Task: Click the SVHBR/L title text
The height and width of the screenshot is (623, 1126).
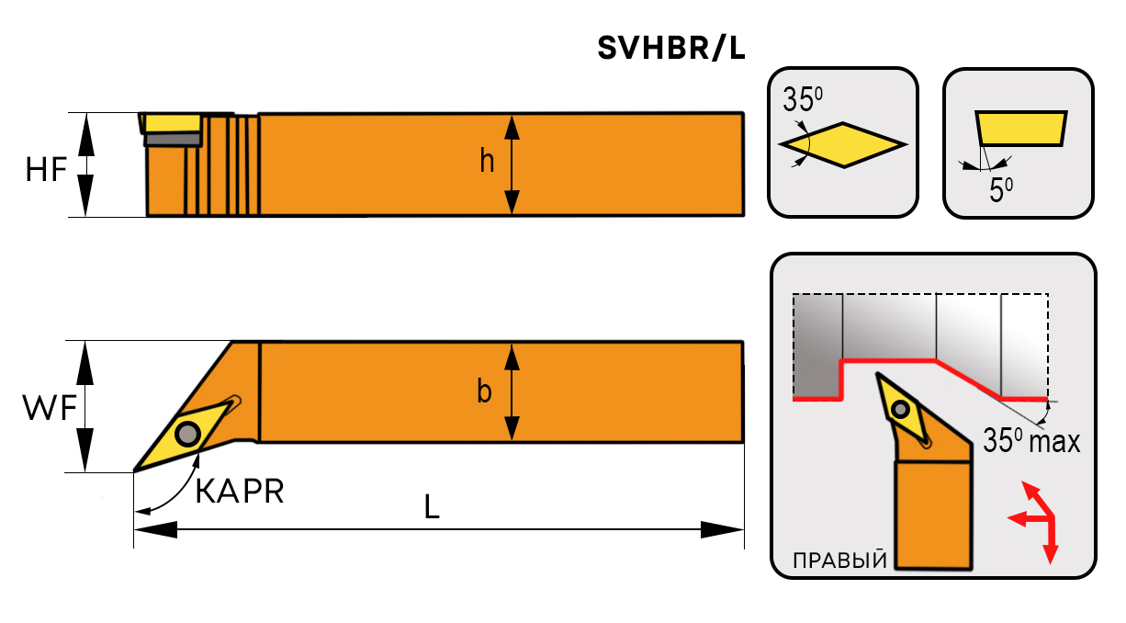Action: tap(670, 49)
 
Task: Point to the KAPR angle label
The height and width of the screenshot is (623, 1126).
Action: tap(240, 492)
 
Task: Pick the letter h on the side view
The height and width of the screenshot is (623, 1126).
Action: tap(487, 162)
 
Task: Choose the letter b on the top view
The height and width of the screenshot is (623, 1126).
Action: tap(484, 392)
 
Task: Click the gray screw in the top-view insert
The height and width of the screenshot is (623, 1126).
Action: tap(189, 431)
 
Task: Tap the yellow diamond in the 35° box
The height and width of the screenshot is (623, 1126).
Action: tap(842, 144)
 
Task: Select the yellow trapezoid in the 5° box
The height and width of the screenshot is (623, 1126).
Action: tap(1020, 128)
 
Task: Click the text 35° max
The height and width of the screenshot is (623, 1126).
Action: tap(1030, 441)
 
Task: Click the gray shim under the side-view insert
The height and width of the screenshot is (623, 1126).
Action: tap(173, 139)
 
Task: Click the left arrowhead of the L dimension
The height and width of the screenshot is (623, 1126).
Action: tap(155, 530)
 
